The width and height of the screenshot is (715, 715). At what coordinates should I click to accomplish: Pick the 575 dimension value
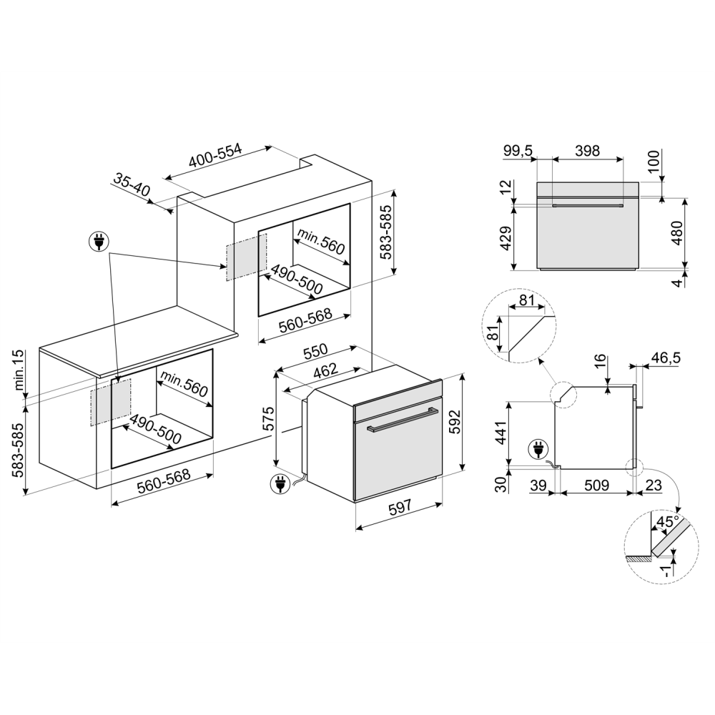tap(267, 418)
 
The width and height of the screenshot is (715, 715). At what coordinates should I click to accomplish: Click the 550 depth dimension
tap(315, 352)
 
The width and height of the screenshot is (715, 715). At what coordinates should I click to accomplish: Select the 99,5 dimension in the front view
tap(518, 150)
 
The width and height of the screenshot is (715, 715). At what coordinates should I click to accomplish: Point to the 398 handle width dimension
tap(587, 150)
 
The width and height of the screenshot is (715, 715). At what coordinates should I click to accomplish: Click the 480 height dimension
tap(676, 232)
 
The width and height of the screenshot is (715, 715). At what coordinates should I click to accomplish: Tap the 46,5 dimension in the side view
tap(665, 356)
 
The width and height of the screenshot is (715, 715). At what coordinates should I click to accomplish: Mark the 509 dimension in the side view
tap(597, 485)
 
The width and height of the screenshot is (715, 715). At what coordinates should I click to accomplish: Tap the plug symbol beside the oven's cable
tap(280, 485)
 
